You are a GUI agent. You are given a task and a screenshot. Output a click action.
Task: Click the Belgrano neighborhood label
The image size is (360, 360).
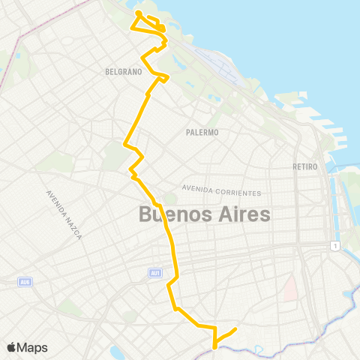[x=124, y=72]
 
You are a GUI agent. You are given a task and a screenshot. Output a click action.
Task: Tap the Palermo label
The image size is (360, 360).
[x=202, y=132]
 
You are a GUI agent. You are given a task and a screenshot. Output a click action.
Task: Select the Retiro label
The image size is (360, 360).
[x=306, y=166]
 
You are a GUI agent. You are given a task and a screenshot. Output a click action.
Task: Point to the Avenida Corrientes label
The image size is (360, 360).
[x=221, y=190]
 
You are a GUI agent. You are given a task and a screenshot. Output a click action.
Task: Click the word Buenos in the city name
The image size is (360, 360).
[x=174, y=214]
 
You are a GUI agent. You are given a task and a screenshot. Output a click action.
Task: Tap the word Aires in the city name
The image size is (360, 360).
[x=241, y=214]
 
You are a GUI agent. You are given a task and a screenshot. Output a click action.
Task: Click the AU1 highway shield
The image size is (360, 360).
[x=155, y=272]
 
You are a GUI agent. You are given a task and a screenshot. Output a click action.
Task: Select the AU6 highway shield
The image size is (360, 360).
[x=25, y=281]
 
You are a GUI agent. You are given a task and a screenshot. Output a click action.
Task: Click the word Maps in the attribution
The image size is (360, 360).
[x=32, y=347]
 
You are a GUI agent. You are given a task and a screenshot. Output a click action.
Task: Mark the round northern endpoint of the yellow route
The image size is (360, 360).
[x=139, y=13]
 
